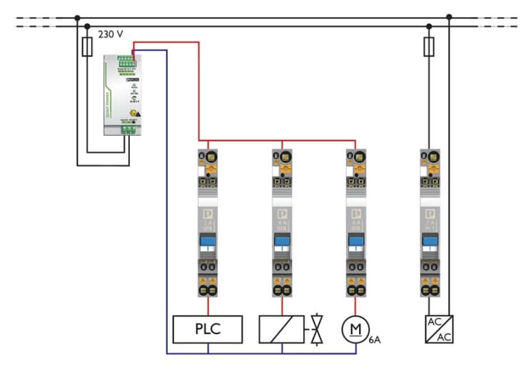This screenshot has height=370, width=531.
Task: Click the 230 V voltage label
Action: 111,34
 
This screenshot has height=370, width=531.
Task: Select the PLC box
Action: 208,329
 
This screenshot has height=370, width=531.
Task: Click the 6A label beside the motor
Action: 375,341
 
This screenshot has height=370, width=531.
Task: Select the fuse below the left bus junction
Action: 86,48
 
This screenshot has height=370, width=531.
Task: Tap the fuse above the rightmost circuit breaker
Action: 428,47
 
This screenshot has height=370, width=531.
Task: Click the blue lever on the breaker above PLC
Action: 208,242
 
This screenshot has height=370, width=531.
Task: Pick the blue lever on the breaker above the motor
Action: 355,242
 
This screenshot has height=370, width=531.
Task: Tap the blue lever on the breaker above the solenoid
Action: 281,242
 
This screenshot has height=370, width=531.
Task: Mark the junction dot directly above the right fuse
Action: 428,27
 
